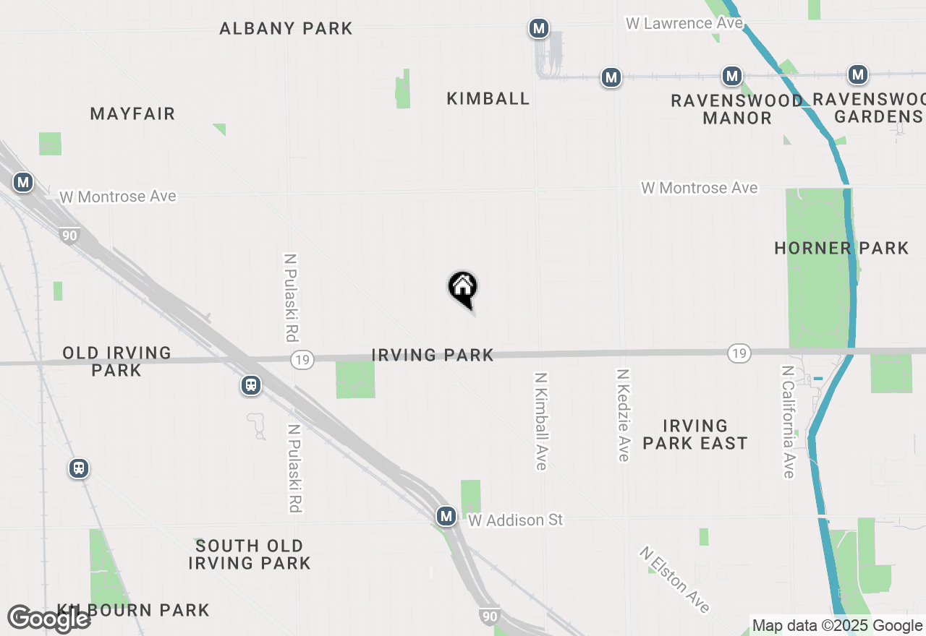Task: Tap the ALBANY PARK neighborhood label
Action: coord(286,29)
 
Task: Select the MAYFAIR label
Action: coord(133,113)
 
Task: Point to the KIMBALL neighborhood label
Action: coord(488,98)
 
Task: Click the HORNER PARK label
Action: coord(841,248)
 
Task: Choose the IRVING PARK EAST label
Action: coord(694,434)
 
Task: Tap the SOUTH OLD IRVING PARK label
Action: coord(250,554)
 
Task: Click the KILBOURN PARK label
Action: coord(134,610)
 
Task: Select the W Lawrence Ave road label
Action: coord(684,23)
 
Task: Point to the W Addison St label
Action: coord(515,520)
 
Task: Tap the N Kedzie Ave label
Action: coord(622,415)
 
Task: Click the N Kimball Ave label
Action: coord(540,421)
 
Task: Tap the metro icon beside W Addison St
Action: coord(446,516)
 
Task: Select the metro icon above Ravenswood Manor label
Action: coord(732,76)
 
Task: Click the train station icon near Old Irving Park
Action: coord(251,385)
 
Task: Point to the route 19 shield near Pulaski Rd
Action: coord(302,360)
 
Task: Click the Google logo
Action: coord(48,619)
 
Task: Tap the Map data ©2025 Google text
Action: coord(837,626)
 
